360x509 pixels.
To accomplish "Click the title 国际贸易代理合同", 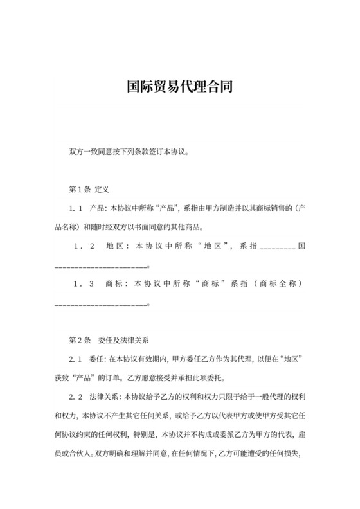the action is click(x=179, y=86).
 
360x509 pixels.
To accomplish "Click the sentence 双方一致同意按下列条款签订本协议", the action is click(x=128, y=152).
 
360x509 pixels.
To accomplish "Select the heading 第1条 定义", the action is click(x=89, y=190).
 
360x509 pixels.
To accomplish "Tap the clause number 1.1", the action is click(x=76, y=209).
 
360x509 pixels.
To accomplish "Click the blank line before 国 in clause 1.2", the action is click(x=277, y=248).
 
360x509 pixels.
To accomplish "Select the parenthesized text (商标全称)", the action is click(x=275, y=283).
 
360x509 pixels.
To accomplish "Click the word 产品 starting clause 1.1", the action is click(x=98, y=209).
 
